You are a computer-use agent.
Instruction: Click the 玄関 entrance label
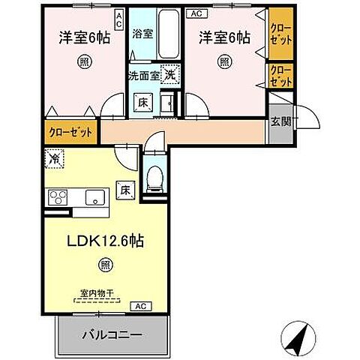point(280,122)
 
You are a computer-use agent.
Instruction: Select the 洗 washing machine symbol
point(170,76)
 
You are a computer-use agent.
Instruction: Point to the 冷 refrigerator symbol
point(54,158)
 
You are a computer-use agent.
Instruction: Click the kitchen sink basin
point(95,197)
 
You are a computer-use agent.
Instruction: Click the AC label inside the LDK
point(139,306)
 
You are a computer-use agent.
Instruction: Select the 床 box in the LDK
point(126,191)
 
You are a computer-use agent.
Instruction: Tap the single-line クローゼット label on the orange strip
point(70,133)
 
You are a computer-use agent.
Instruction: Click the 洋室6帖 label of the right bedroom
point(223,35)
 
